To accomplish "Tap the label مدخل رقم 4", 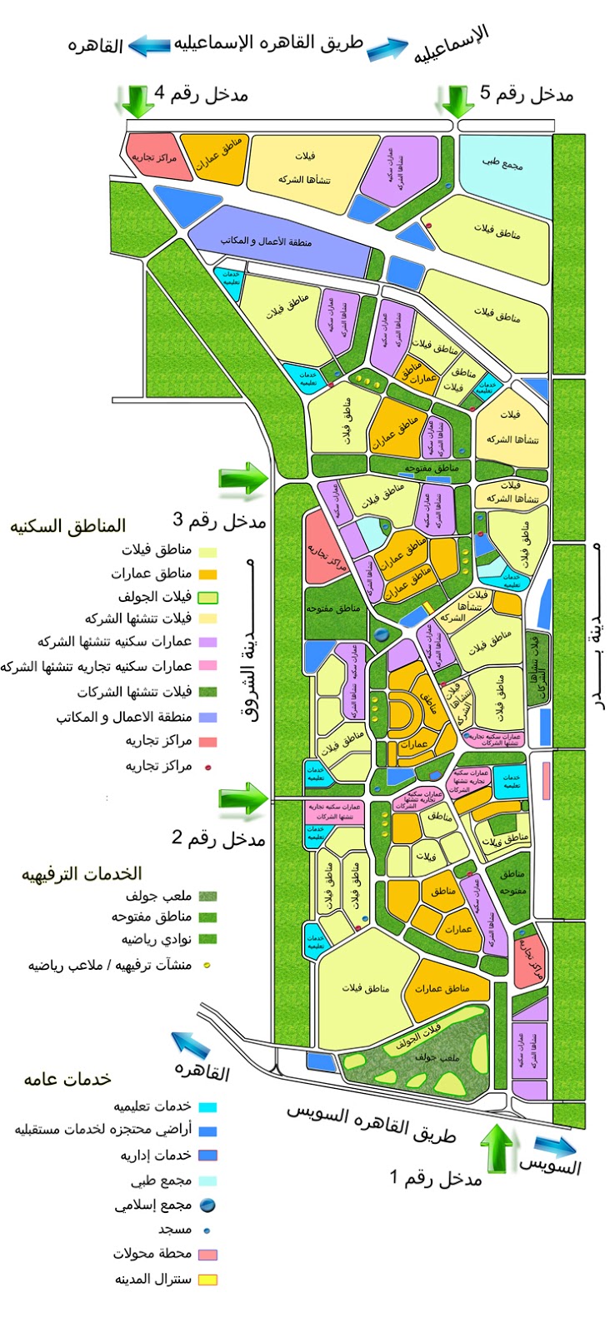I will (202, 92).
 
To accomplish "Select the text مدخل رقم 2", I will (218, 837).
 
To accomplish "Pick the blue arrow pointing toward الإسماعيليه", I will (389, 51).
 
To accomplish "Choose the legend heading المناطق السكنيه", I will (67, 525).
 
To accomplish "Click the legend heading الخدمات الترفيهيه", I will (82, 873).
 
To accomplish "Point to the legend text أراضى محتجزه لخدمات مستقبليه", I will (103, 1130).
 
